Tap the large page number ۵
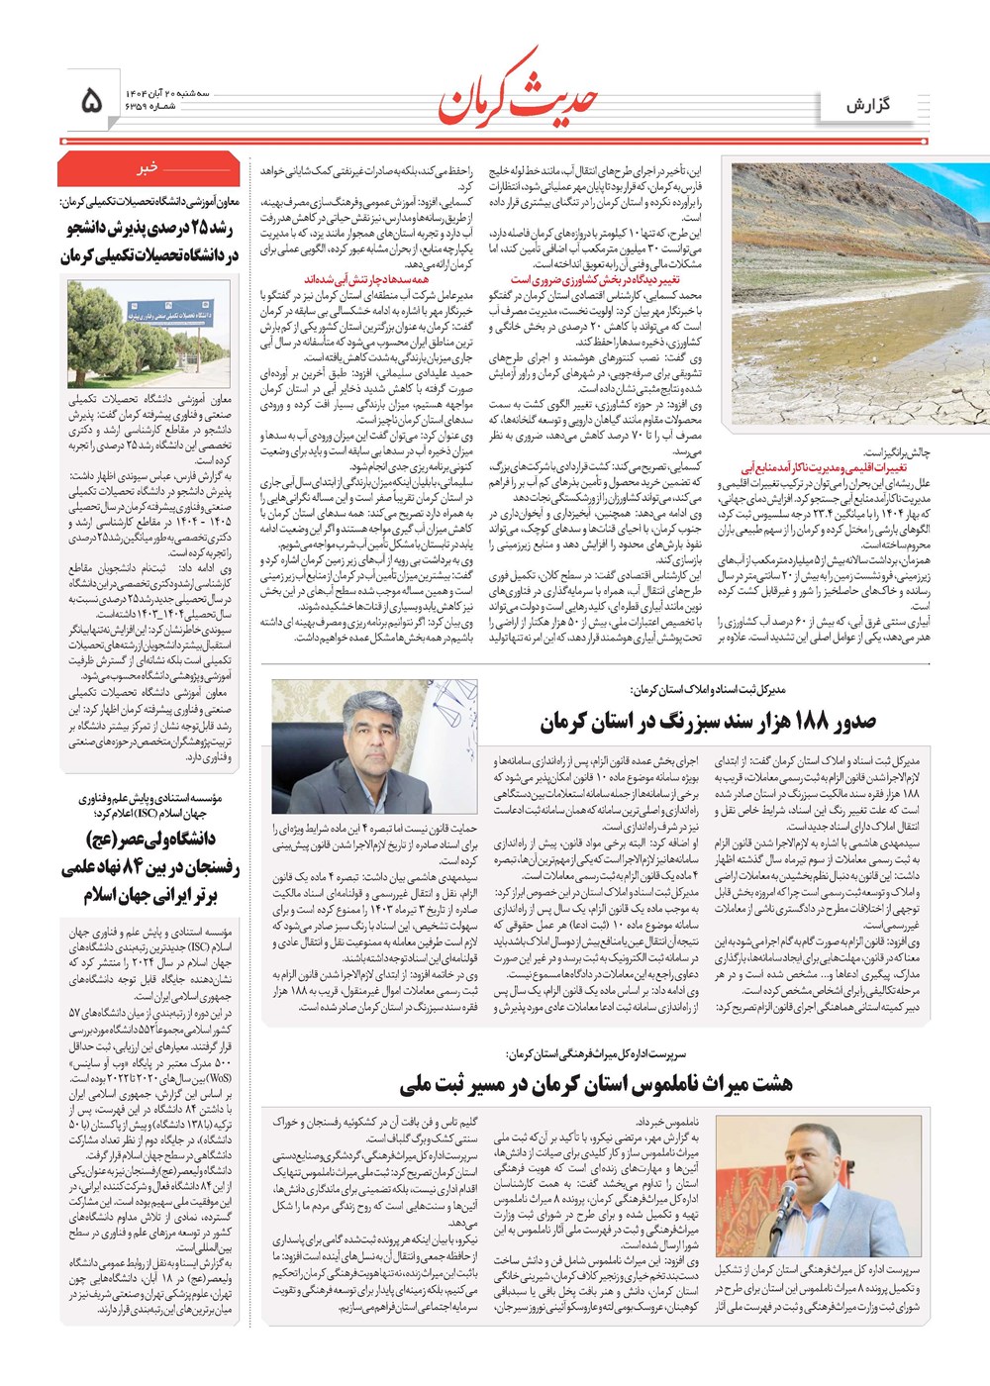[90, 100]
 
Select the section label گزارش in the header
[867, 105]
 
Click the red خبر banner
[148, 169]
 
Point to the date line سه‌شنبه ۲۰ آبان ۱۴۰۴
[167, 92]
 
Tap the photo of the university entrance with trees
[148, 334]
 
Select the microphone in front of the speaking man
[784, 1196]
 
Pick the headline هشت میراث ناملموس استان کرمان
[595, 1084]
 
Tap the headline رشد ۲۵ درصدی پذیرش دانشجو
[148, 243]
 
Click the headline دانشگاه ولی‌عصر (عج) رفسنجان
[148, 867]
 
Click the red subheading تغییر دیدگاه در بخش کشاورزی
[595, 280]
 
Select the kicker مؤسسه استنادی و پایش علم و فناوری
[148, 805]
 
